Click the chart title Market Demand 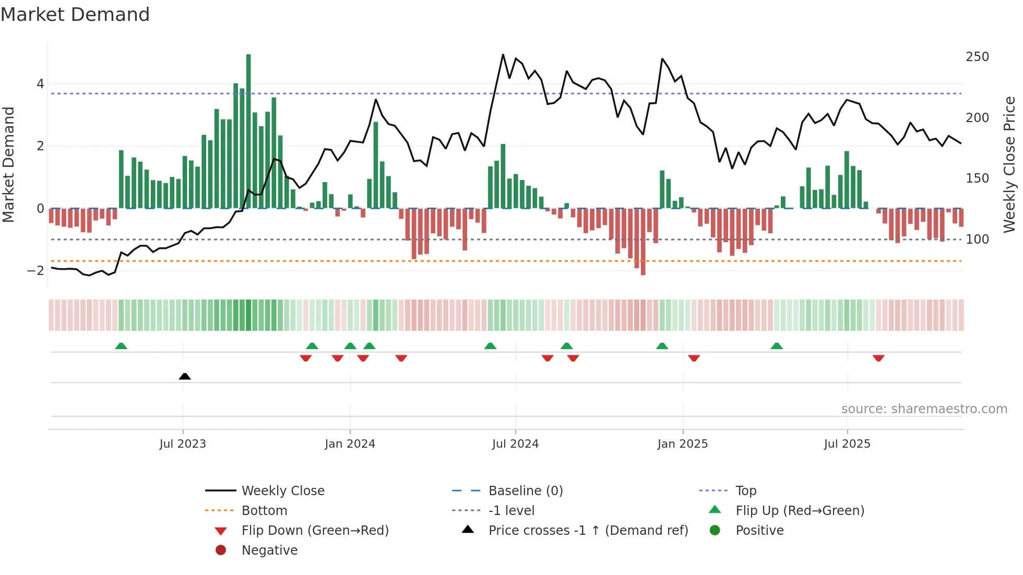point(75,14)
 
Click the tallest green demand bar point(248,130)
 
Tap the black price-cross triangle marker point(185,376)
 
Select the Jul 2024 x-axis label point(515,444)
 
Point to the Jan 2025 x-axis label point(682,444)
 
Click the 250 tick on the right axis point(977,56)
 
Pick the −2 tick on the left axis point(35,270)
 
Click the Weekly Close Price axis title point(1009,164)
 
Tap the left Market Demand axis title point(8,164)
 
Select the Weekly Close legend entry point(283,490)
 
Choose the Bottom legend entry point(264,510)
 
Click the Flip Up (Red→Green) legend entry point(800,510)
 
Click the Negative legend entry point(269,550)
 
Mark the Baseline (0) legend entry point(526,490)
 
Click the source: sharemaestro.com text point(924,409)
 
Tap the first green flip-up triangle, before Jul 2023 point(121,346)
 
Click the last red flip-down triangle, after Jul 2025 point(878,358)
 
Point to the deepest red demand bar point(643,242)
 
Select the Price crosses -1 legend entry point(588,530)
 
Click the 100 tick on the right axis point(977,239)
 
